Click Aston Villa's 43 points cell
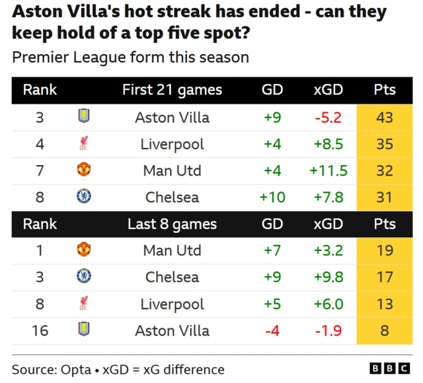385,118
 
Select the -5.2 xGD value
328,118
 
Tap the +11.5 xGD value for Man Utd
328,170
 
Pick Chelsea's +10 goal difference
272,197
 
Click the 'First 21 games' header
172,90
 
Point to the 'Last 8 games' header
172,225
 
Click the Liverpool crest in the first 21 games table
84,143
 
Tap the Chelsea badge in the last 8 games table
84,276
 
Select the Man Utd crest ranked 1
84,250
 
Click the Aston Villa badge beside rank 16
84,329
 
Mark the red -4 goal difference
272,331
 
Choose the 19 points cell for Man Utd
385,251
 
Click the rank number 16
40,331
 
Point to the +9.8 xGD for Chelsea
328,277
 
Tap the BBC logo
390,368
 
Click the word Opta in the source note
76,370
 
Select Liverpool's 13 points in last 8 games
385,304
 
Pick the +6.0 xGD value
328,304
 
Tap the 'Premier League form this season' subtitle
131,57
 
